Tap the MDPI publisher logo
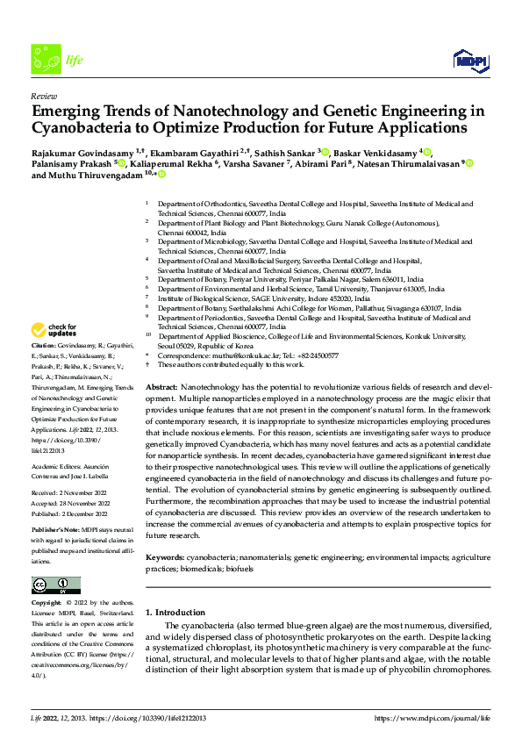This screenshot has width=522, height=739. [465, 59]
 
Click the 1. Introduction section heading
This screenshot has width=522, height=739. [175, 612]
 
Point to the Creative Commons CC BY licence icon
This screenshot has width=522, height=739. [56, 585]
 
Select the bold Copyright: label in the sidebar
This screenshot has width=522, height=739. [47, 604]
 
